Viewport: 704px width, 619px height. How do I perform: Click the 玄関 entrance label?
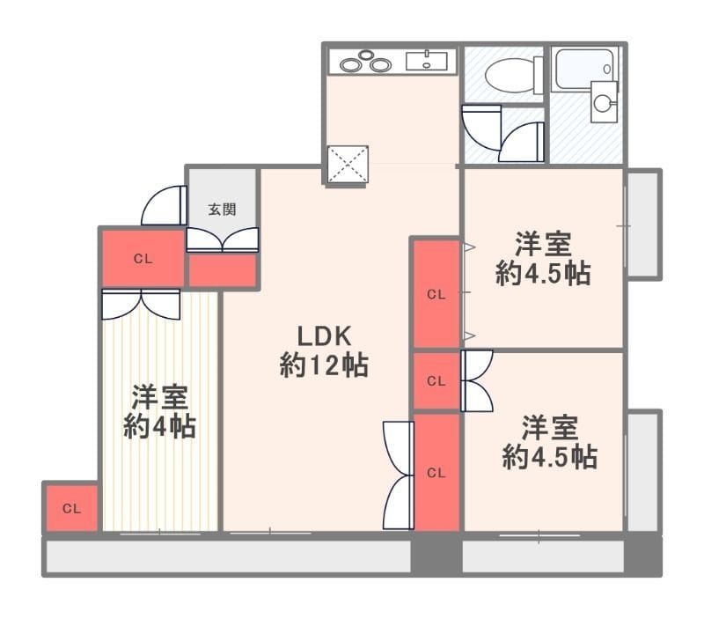click(x=222, y=210)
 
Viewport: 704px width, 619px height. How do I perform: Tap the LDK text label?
click(x=324, y=335)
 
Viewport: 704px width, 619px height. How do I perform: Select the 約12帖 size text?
click(x=324, y=365)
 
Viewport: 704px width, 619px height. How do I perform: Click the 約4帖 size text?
click(x=160, y=427)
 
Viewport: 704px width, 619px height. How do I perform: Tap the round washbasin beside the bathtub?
click(x=603, y=103)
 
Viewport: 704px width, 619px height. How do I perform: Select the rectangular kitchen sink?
click(x=427, y=62)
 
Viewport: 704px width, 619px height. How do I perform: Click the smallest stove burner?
click(x=366, y=55)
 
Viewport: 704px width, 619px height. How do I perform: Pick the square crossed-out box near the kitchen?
click(x=348, y=165)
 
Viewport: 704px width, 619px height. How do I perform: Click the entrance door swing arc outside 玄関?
click(x=164, y=205)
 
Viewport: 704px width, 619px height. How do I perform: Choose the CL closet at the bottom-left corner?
click(x=72, y=508)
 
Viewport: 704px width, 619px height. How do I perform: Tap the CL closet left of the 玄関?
click(x=143, y=258)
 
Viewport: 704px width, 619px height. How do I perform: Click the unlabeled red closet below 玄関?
click(x=223, y=270)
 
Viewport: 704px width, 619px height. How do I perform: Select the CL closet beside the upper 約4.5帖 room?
click(x=436, y=294)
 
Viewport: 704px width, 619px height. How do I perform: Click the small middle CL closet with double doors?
click(x=436, y=381)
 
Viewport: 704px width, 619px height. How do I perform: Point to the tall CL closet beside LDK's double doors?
click(x=436, y=473)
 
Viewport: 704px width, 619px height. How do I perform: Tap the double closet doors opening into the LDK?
click(x=399, y=475)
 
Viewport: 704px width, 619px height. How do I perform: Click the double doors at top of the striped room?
click(x=141, y=304)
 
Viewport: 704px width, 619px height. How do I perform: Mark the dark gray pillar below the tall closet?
click(x=436, y=554)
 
